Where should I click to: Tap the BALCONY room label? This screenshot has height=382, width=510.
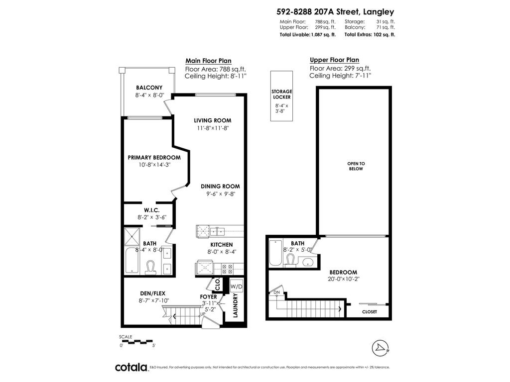click(x=149, y=88)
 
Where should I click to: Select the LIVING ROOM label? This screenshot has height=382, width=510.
click(x=213, y=120)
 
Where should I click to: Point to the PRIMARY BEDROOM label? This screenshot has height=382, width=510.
click(x=154, y=157)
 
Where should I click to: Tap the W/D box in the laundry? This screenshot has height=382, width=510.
click(x=236, y=286)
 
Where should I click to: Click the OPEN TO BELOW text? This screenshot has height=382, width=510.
click(x=356, y=166)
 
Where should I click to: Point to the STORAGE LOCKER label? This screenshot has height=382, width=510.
click(x=281, y=95)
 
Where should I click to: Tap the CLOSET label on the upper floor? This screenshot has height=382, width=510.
click(x=370, y=312)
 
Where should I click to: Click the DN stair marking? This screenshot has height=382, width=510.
click(x=277, y=292)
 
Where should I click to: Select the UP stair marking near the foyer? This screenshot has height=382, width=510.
click(x=203, y=314)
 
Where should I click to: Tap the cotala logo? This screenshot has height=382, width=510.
click(x=131, y=367)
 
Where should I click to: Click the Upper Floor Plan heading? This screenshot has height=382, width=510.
click(x=334, y=60)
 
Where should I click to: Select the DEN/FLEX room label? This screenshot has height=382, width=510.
click(x=152, y=293)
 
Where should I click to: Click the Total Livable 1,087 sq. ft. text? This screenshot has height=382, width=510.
click(x=307, y=35)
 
